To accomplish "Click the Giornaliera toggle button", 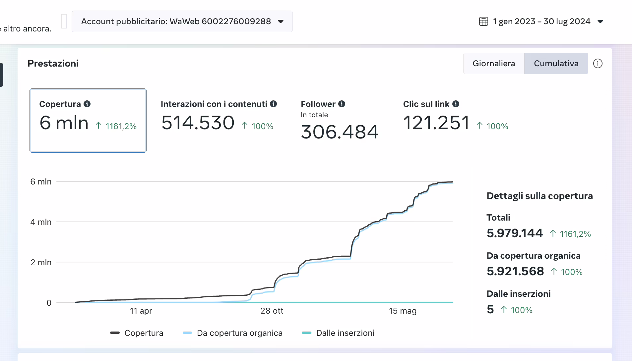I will pyautogui.click(x=493, y=63).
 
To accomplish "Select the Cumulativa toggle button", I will pyautogui.click(x=556, y=63).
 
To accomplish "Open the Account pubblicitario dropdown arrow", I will pyautogui.click(x=281, y=22).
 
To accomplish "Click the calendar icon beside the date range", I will pyautogui.click(x=483, y=22).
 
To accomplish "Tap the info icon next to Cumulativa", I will pyautogui.click(x=598, y=63).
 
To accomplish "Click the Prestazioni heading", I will pyautogui.click(x=53, y=63).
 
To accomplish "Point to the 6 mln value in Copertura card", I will pyautogui.click(x=64, y=123).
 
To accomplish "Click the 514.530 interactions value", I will pyautogui.click(x=198, y=123).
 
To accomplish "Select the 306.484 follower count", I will pyautogui.click(x=340, y=132).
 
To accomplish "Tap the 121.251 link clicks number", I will pyautogui.click(x=436, y=123).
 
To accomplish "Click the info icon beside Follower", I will pyautogui.click(x=342, y=104).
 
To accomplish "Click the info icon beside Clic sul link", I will pyautogui.click(x=456, y=104).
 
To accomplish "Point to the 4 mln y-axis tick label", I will pyautogui.click(x=41, y=222).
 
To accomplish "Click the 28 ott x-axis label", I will pyautogui.click(x=272, y=311).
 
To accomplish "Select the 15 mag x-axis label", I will pyautogui.click(x=403, y=311).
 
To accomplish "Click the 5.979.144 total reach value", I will pyautogui.click(x=515, y=233).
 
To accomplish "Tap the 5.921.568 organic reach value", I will pyautogui.click(x=515, y=271).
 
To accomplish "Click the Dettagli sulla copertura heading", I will pyautogui.click(x=539, y=196).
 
